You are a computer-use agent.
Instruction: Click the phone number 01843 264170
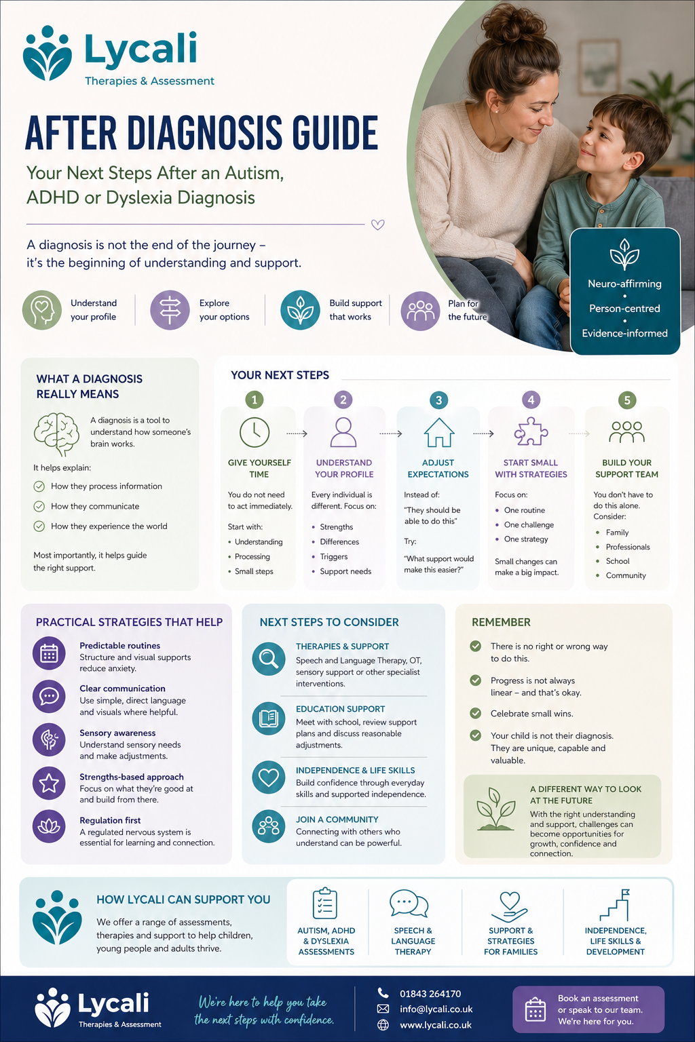pyautogui.click(x=430, y=994)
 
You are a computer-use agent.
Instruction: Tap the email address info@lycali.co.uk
pyautogui.click(x=436, y=1009)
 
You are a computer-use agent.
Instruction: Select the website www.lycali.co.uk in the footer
pyautogui.click(x=435, y=1025)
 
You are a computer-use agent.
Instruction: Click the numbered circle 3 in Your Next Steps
pyautogui.click(x=438, y=400)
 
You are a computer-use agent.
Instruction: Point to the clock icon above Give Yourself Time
pyautogui.click(x=255, y=432)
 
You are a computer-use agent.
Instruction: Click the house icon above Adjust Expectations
pyautogui.click(x=438, y=432)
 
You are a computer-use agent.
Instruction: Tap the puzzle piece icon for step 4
pyautogui.click(x=531, y=431)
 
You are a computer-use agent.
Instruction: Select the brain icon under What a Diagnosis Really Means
pyautogui.click(x=57, y=433)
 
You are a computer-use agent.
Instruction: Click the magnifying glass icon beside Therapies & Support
pyautogui.click(x=269, y=659)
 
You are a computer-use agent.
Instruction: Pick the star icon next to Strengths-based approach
pyautogui.click(x=49, y=784)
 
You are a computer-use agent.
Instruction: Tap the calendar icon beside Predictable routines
pyautogui.click(x=49, y=653)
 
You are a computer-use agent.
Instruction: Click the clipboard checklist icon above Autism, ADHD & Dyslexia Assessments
pyautogui.click(x=325, y=904)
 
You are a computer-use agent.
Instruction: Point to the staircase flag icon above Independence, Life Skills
pyautogui.click(x=615, y=904)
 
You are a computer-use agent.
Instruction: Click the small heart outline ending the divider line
pyautogui.click(x=378, y=225)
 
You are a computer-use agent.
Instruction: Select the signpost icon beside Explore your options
pyautogui.click(x=170, y=310)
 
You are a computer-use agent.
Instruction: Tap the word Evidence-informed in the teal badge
pyautogui.click(x=624, y=333)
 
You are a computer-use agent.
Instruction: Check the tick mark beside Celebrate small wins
pyautogui.click(x=476, y=713)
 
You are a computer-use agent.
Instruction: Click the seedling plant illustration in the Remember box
pyautogui.click(x=495, y=809)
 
